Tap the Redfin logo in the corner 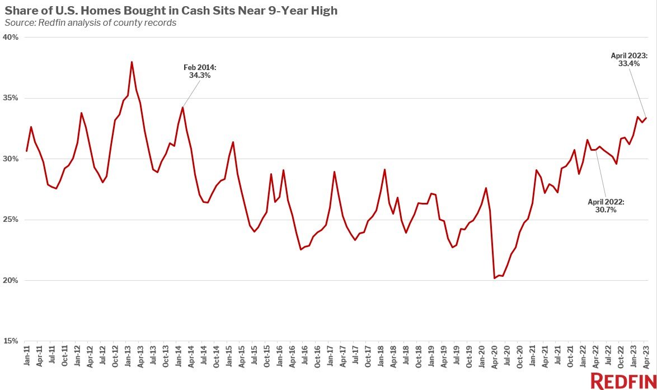click(622, 380)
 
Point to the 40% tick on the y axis click(12, 38)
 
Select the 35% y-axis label click(12, 98)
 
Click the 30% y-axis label click(12, 159)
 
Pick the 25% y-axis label click(12, 220)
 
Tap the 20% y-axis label click(12, 280)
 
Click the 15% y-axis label click(12, 341)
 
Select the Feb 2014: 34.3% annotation click(200, 71)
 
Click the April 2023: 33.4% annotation click(629, 60)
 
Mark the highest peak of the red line click(132, 62)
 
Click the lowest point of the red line click(494, 278)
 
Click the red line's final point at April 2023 click(646, 118)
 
